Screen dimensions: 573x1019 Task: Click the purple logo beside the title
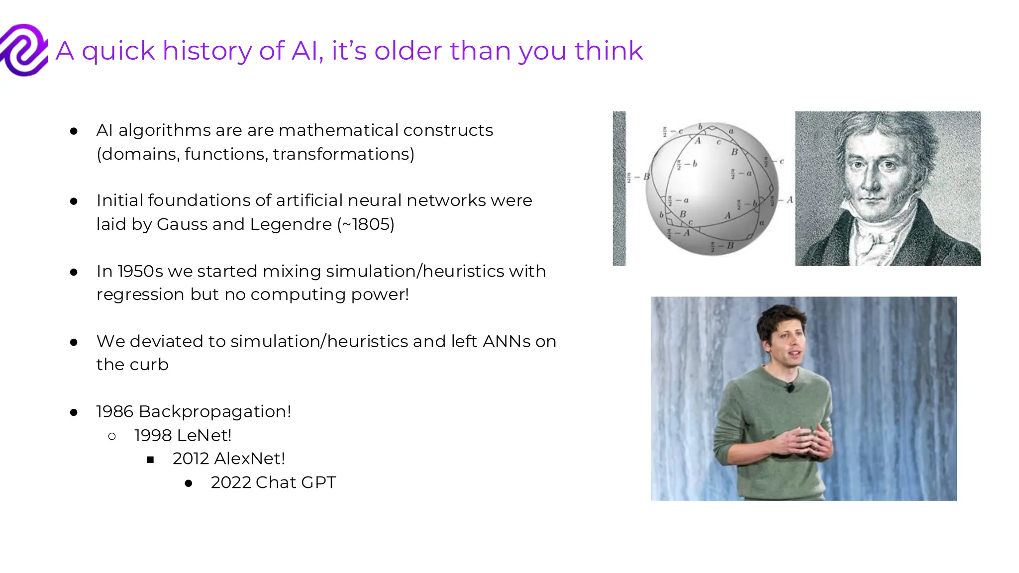click(x=24, y=50)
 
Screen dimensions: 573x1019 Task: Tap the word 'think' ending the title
click(x=609, y=51)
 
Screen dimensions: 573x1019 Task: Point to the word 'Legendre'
click(x=291, y=224)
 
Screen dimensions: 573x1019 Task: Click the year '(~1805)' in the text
click(x=366, y=224)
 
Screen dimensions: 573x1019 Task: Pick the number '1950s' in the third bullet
click(x=140, y=272)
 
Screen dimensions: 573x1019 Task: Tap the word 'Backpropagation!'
click(x=215, y=412)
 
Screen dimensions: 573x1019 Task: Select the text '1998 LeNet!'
click(x=183, y=436)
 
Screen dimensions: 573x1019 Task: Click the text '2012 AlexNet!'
click(x=228, y=459)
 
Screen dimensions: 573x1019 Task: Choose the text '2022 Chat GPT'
click(x=273, y=482)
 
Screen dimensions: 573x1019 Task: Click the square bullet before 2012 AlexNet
click(x=150, y=460)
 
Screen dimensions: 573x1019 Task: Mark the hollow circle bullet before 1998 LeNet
click(x=112, y=437)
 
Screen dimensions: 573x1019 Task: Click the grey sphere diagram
click(x=712, y=189)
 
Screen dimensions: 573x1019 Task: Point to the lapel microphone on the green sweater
click(x=790, y=387)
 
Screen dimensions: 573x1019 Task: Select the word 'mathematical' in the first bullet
click(x=338, y=130)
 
